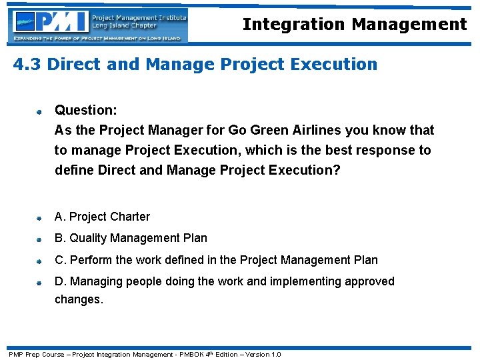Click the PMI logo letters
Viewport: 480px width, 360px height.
coord(63,22)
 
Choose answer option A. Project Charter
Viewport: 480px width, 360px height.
coord(102,217)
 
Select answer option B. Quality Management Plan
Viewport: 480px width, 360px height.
coord(131,238)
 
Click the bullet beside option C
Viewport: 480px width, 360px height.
coord(40,261)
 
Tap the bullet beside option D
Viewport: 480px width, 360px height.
coord(40,283)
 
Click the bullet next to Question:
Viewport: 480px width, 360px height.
coord(40,111)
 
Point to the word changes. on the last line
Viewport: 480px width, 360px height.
coord(79,300)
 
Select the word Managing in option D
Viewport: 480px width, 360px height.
coord(96,281)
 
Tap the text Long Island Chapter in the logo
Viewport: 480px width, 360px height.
coord(125,26)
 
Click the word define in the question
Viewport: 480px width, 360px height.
coord(74,170)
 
